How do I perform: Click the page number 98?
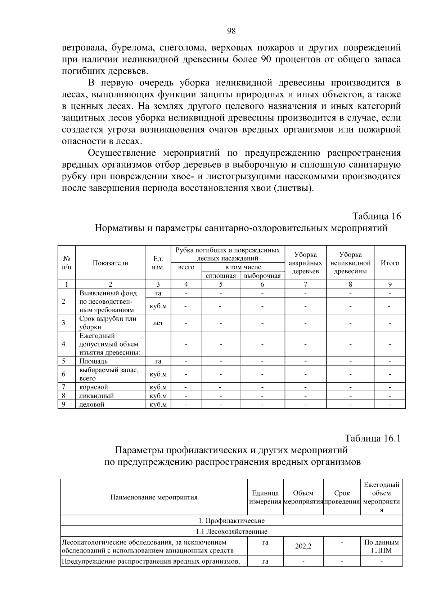231,31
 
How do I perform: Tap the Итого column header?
390,263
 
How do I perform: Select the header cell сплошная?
221,276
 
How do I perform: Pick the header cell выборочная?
262,276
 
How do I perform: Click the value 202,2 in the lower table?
303,546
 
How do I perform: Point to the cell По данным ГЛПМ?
381,546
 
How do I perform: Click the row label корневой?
94,387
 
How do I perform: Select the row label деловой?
92,405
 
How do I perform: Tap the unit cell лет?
158,323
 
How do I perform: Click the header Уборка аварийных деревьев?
305,263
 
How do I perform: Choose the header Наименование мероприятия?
154,498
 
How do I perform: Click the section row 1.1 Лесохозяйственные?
231,532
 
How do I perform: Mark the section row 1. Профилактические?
231,521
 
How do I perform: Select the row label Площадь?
93,361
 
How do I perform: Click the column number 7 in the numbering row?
305,284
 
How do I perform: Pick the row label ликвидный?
96,396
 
